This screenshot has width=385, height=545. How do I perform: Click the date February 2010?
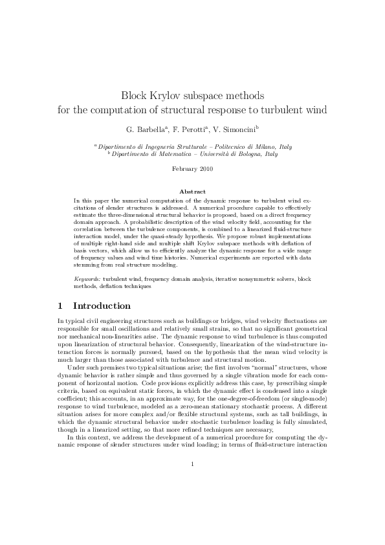coord(192,170)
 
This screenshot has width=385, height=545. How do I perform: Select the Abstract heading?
coord(192,192)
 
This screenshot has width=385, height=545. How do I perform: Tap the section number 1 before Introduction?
coord(60,306)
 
